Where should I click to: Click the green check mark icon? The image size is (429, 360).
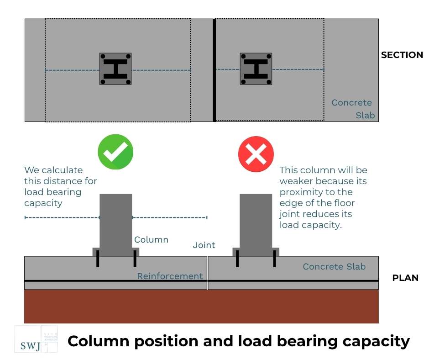(x=115, y=152)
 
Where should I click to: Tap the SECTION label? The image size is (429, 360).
(x=402, y=55)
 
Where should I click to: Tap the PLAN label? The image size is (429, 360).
(x=405, y=278)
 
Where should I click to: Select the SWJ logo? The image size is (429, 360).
(x=36, y=339)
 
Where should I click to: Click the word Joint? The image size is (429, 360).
(x=204, y=245)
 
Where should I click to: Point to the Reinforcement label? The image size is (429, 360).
(x=170, y=276)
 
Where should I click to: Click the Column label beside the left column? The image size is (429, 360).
(x=151, y=240)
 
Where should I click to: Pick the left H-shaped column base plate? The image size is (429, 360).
(x=115, y=69)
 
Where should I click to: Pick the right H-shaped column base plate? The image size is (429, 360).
(x=256, y=69)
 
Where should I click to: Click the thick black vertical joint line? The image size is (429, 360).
(x=214, y=70)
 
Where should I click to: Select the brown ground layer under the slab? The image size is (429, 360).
(x=201, y=307)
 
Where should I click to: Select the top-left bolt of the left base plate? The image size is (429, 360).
(x=103, y=57)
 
